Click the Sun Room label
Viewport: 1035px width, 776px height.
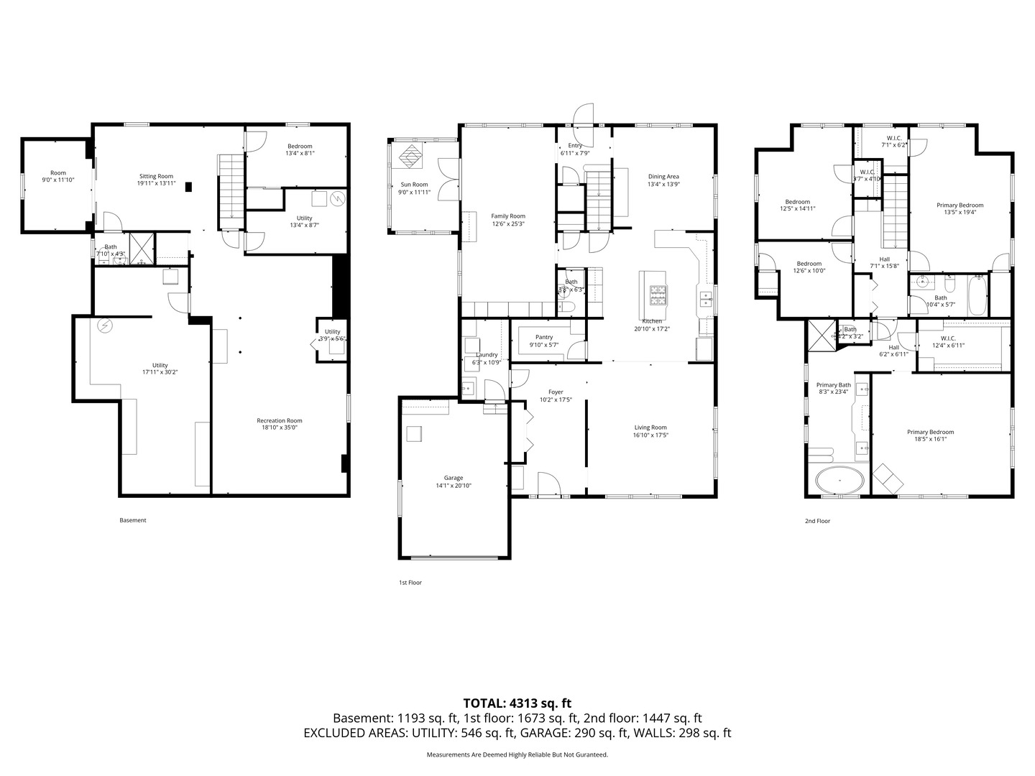click(414, 185)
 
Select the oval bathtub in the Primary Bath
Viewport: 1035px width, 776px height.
click(839, 479)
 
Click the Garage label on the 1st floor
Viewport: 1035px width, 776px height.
click(453, 478)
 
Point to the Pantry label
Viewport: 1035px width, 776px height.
click(544, 337)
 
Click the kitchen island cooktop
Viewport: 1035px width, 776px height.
click(658, 292)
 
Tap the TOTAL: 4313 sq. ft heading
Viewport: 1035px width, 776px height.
click(517, 703)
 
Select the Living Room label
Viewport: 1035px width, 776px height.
click(650, 428)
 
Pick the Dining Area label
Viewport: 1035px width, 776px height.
click(663, 176)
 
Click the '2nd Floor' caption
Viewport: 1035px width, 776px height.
click(817, 521)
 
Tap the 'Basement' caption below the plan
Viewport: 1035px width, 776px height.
click(132, 520)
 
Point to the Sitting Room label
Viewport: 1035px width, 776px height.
click(156, 176)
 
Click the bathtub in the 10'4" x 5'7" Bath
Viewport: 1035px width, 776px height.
click(977, 295)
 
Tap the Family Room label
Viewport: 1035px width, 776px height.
click(507, 216)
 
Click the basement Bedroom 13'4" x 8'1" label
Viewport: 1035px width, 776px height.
click(300, 146)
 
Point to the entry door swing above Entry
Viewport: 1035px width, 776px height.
click(582, 114)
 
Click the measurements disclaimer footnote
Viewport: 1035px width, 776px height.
click(517, 754)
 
